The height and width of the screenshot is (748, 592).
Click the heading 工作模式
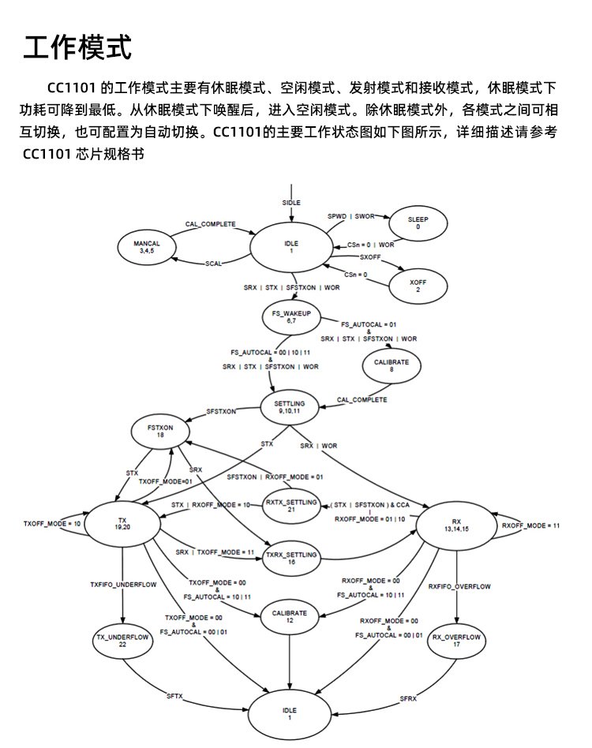point(77,48)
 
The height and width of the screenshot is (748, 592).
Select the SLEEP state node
point(418,222)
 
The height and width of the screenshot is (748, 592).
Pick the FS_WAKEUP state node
point(290,317)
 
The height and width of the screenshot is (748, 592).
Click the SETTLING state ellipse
point(293,408)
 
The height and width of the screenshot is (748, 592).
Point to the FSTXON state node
point(160,431)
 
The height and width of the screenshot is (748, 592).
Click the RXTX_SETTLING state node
point(290,506)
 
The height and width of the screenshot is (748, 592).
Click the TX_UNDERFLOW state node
point(122,640)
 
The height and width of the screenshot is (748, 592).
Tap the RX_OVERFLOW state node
point(457,640)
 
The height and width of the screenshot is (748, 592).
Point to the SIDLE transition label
point(291,203)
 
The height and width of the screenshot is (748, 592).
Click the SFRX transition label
point(408,698)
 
